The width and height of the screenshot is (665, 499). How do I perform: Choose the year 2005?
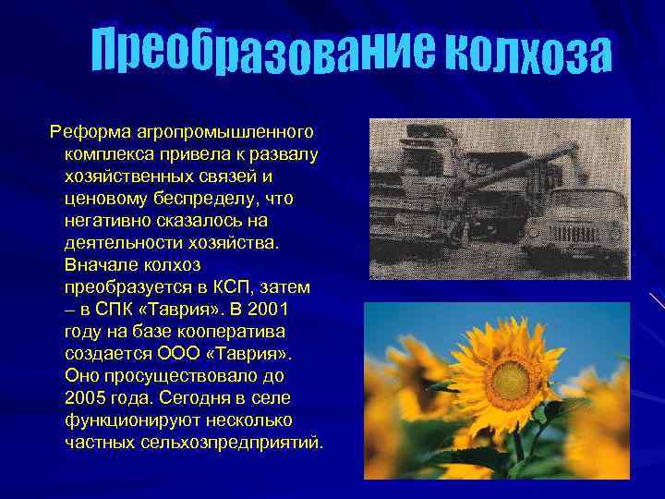[89, 398]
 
